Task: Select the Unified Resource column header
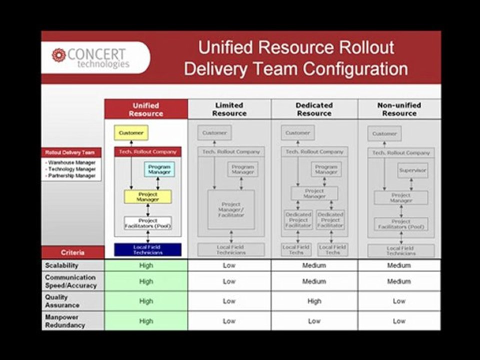pyautogui.click(x=146, y=109)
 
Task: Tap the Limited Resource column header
pyautogui.click(x=229, y=109)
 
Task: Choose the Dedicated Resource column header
pyautogui.click(x=314, y=109)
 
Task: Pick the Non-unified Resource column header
pyautogui.click(x=399, y=109)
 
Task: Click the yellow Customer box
pyautogui.click(x=131, y=133)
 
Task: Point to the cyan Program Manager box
pyautogui.click(x=159, y=169)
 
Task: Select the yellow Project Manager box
pyautogui.click(x=147, y=197)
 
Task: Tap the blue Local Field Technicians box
pyautogui.click(x=147, y=249)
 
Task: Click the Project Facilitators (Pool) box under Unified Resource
pyautogui.click(x=147, y=223)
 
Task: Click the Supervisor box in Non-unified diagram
pyautogui.click(x=412, y=170)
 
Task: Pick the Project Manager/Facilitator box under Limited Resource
pyautogui.click(x=231, y=209)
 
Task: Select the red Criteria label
pyautogui.click(x=72, y=252)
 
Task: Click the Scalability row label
pyautogui.click(x=61, y=265)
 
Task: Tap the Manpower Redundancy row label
pyautogui.click(x=65, y=321)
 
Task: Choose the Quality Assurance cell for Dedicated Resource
pyautogui.click(x=314, y=301)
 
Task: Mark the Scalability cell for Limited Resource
pyautogui.click(x=229, y=265)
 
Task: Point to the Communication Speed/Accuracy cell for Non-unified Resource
pyautogui.click(x=399, y=281)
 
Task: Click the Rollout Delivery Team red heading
pyautogui.click(x=71, y=152)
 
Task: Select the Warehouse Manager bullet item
pyautogui.click(x=71, y=162)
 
